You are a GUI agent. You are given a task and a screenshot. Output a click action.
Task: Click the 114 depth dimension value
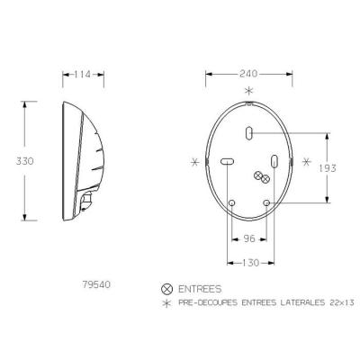82,75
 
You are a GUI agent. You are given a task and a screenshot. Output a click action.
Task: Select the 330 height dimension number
25,161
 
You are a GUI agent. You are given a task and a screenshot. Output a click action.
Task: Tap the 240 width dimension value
248,74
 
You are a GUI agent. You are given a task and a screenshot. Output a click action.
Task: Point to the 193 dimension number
328,168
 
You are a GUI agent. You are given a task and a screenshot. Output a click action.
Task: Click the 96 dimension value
249,238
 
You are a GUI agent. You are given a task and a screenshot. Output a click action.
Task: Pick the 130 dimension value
250,263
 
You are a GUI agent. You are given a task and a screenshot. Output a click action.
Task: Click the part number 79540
96,284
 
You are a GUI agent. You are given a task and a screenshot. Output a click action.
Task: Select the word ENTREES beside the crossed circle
200,289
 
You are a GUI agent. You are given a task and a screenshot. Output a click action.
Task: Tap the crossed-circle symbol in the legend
167,289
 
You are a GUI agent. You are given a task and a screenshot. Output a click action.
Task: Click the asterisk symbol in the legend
166,303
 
